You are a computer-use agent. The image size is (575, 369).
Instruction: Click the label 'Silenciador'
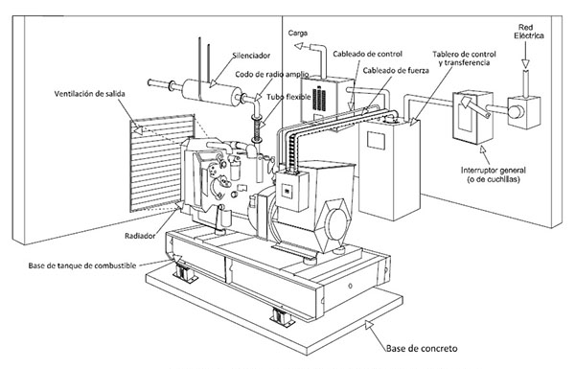[x=251, y=56]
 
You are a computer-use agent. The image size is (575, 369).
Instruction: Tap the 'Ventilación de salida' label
[x=89, y=94]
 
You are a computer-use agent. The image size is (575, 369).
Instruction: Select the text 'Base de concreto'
[x=422, y=348]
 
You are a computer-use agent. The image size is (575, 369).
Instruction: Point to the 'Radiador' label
[x=140, y=236]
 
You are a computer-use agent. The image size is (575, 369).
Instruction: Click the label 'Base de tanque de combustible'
[x=82, y=265]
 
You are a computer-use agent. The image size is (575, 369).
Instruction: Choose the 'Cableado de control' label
[x=367, y=54]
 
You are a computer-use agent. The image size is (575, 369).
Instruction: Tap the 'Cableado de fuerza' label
[x=396, y=70]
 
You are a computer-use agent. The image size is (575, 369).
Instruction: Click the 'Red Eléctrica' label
[x=529, y=32]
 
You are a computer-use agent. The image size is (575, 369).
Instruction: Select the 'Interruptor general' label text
[x=494, y=171]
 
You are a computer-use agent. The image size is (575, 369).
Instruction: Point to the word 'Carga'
[x=298, y=33]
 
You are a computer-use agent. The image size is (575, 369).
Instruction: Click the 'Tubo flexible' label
[x=288, y=97]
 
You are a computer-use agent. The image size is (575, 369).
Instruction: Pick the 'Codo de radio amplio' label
[x=272, y=75]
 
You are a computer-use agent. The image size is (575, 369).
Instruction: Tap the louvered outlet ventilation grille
[x=162, y=163]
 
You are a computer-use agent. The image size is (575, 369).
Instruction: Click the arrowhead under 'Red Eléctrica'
[x=526, y=64]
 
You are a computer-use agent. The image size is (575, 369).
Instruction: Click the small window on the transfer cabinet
[x=376, y=141]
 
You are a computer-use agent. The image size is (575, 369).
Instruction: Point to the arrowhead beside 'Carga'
[x=299, y=46]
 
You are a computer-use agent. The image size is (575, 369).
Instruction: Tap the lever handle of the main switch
[x=475, y=107]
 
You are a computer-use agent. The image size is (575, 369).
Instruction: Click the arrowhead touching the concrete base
[x=369, y=325]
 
